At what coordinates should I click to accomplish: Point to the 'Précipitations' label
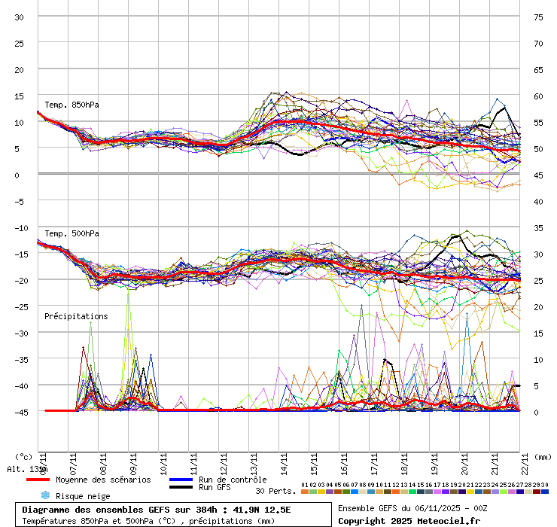[76, 316]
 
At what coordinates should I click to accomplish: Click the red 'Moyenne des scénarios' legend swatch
[38, 480]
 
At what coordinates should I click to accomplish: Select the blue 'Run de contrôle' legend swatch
[181, 480]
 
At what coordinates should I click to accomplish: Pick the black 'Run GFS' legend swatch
[181, 488]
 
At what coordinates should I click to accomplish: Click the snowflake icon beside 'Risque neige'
[44, 495]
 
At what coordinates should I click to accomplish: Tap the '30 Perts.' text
[275, 491]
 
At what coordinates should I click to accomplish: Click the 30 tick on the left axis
[20, 17]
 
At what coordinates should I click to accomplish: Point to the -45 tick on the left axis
[20, 412]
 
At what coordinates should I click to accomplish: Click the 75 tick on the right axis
[538, 17]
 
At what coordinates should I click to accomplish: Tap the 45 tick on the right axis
[538, 175]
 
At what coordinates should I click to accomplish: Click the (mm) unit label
[543, 456]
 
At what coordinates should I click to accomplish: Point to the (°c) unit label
[23, 456]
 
